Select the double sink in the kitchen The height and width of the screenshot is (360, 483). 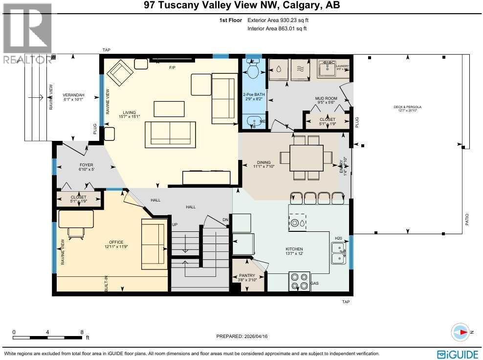(337, 252)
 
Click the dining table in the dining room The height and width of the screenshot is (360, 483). (306, 157)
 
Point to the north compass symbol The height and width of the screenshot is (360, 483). (461, 332)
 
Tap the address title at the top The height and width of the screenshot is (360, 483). (242, 5)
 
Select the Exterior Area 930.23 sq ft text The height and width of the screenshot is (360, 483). (278, 21)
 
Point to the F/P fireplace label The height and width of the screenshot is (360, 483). (172, 67)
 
